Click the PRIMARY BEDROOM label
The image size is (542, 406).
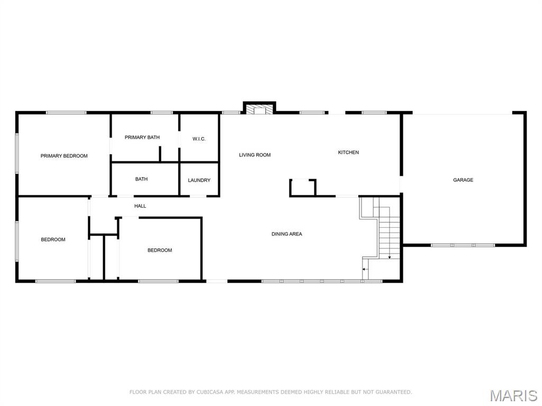(64, 156)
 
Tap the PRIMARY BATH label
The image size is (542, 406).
(142, 137)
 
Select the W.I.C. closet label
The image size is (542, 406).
(199, 139)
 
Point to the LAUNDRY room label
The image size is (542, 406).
(199, 180)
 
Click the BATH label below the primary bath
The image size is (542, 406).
(141, 179)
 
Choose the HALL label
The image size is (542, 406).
(140, 206)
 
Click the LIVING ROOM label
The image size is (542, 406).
(255, 155)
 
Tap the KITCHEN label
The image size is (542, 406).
(348, 152)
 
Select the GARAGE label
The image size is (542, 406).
(463, 180)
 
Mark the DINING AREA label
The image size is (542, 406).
(287, 234)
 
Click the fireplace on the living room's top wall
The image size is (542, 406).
(259, 108)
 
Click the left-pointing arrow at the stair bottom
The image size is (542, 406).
(364, 270)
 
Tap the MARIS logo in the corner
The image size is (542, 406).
(513, 395)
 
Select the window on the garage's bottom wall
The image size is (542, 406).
(463, 245)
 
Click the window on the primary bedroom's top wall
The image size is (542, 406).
(66, 113)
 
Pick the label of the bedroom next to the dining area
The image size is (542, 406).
(159, 250)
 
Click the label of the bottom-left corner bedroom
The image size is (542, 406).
(53, 239)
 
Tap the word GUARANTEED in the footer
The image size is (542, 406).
(394, 392)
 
